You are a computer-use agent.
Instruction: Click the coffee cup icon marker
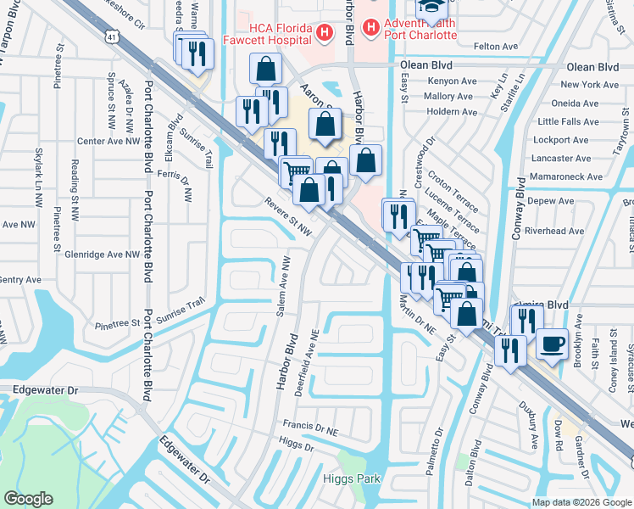click(552, 344)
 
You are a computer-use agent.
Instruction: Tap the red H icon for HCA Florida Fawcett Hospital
click(322, 32)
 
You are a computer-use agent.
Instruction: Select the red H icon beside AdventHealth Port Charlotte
click(370, 28)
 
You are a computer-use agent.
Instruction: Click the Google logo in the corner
click(28, 499)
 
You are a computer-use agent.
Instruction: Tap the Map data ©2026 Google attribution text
click(582, 502)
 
